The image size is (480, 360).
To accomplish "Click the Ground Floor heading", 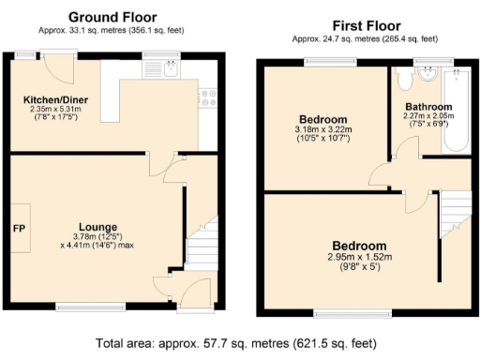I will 112,17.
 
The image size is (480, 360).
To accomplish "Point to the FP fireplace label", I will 18,228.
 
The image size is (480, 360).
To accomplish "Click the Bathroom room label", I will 427,107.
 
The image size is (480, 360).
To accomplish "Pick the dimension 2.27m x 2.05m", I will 428,117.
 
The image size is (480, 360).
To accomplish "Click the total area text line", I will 239,344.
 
